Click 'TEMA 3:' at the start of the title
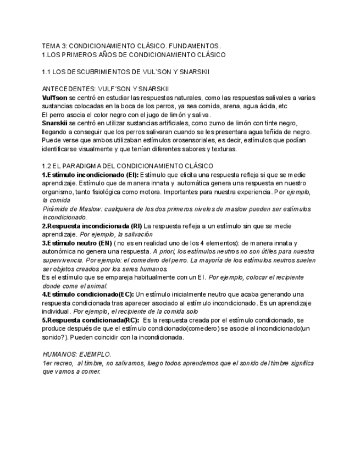click(x=53, y=46)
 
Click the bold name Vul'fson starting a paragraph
click(x=54, y=97)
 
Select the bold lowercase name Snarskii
click(x=55, y=123)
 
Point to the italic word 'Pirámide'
click(x=56, y=209)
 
